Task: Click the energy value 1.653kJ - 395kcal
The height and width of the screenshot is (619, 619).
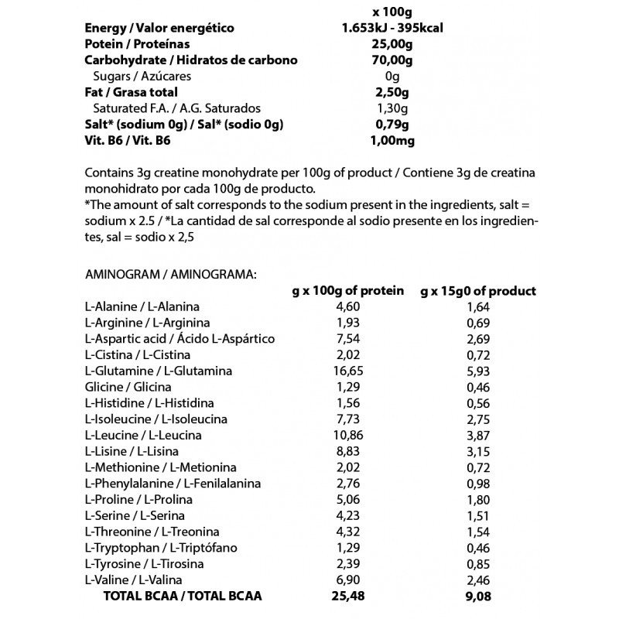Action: coord(393,29)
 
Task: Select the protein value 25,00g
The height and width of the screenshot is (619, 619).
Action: coord(393,44)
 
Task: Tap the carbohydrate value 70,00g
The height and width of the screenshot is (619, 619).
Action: coord(393,60)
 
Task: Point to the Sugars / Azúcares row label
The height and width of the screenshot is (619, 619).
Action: coord(142,77)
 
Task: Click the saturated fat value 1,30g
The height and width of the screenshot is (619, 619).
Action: coord(393,108)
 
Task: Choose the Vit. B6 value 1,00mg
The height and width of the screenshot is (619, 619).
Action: coord(393,141)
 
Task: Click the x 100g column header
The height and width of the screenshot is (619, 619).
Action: coord(393,12)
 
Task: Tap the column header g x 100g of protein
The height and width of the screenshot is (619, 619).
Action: coord(348,291)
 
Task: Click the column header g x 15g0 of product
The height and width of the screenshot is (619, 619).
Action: coord(478,291)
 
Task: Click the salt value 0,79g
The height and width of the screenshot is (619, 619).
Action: coord(393,125)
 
